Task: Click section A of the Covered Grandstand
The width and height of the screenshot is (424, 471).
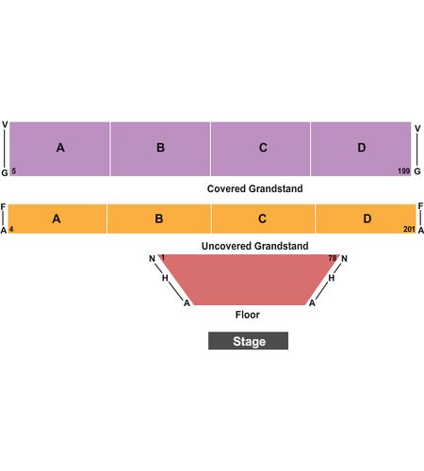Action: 59,149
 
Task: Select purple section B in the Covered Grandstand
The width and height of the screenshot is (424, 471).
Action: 160,149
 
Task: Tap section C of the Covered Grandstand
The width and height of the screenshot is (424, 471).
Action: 260,149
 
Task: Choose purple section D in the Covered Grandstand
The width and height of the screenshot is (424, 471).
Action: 361,149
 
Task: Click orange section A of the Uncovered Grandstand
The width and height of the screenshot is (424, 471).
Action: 57,219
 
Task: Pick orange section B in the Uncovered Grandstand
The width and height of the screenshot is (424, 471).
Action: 159,219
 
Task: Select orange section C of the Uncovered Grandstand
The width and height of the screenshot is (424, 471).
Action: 263,219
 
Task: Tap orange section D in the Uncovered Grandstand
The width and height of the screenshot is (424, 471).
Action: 366,219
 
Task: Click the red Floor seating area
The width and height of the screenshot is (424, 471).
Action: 249,280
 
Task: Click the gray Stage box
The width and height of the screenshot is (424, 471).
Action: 248,341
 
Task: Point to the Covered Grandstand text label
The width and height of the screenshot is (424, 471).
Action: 255,188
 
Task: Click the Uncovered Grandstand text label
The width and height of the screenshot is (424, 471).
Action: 255,246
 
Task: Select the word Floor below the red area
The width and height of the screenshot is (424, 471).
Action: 248,315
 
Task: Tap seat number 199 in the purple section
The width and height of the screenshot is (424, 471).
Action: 404,171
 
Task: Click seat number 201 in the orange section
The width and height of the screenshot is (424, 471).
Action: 409,229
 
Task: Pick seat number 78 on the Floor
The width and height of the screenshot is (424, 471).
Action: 333,258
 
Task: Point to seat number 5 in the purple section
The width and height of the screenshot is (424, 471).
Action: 13,171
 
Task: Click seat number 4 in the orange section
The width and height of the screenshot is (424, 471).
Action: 11,229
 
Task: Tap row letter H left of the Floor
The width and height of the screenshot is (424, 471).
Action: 165,278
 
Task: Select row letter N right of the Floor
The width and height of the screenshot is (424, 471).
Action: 344,259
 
